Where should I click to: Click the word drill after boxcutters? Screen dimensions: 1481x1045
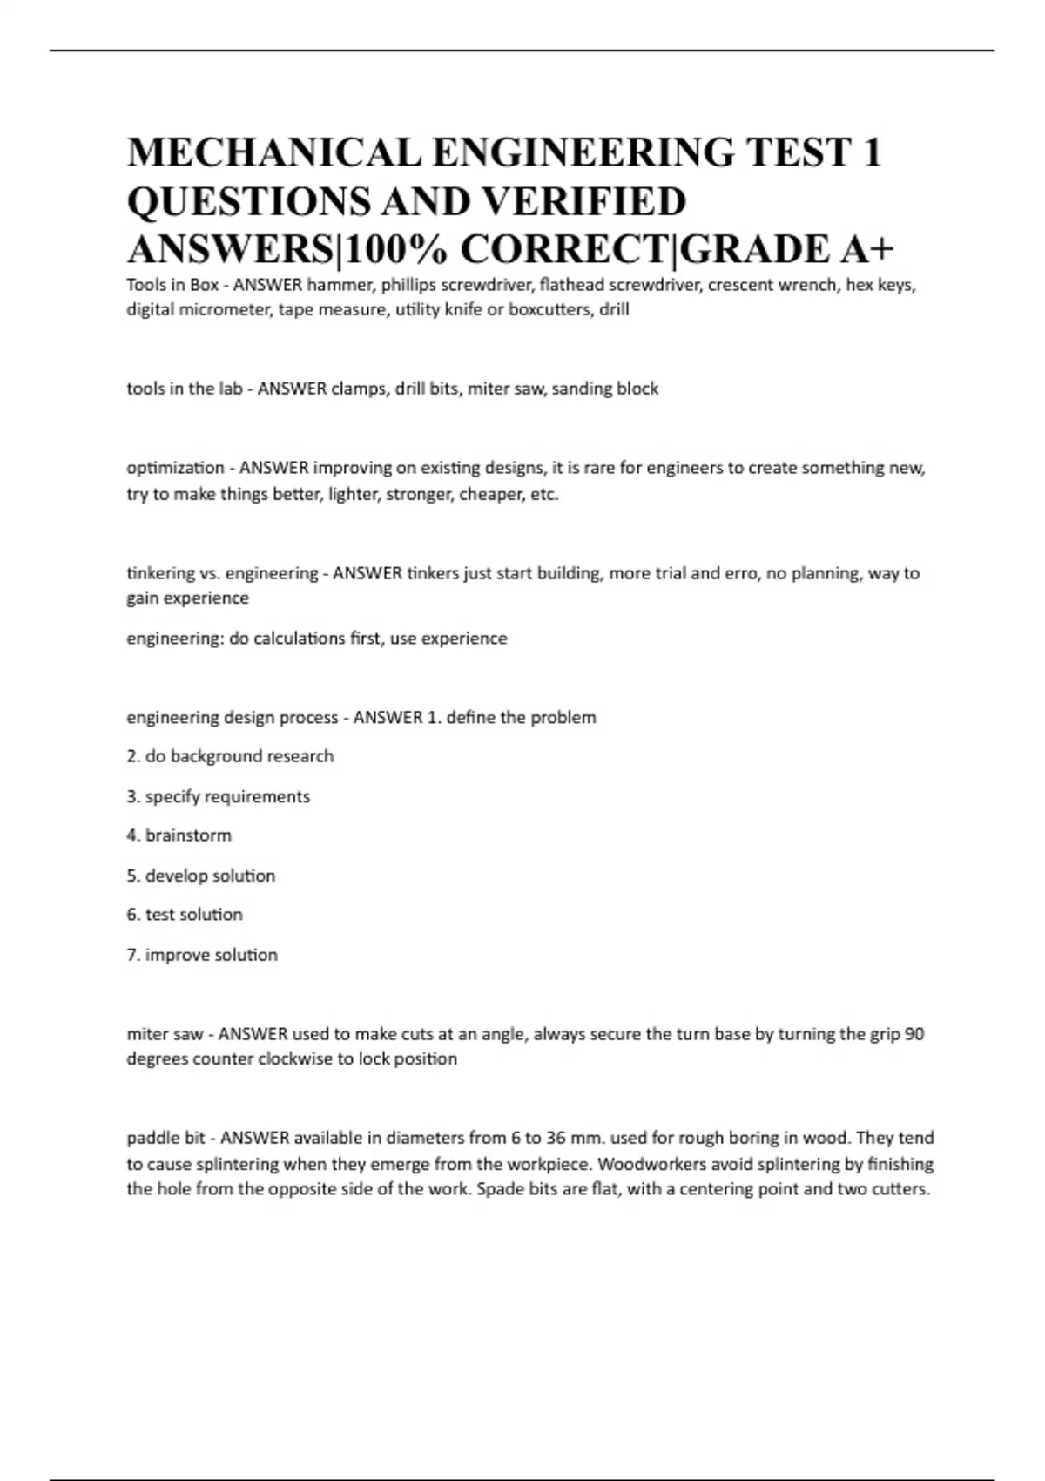click(x=614, y=310)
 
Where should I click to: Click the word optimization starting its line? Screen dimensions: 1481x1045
click(x=175, y=468)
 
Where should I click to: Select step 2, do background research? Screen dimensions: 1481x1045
click(x=230, y=756)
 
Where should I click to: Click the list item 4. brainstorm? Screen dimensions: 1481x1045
click(x=179, y=835)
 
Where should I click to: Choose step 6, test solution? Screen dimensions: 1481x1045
click(x=185, y=915)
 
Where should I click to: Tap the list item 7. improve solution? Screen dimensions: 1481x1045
click(x=202, y=955)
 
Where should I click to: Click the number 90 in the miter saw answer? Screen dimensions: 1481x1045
click(x=914, y=1034)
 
